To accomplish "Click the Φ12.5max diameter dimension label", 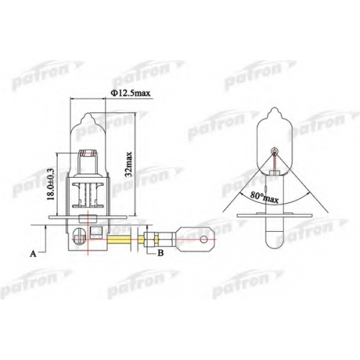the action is click(x=130, y=93).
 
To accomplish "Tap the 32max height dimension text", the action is click(x=129, y=164).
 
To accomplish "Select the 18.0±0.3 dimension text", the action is click(x=51, y=184).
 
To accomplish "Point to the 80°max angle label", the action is click(x=264, y=198).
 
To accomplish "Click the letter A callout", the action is click(x=33, y=253).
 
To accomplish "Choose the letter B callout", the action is click(x=161, y=253).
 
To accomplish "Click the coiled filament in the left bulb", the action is click(x=89, y=153).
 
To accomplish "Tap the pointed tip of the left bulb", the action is click(x=88, y=114).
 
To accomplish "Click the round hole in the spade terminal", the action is click(x=204, y=240).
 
